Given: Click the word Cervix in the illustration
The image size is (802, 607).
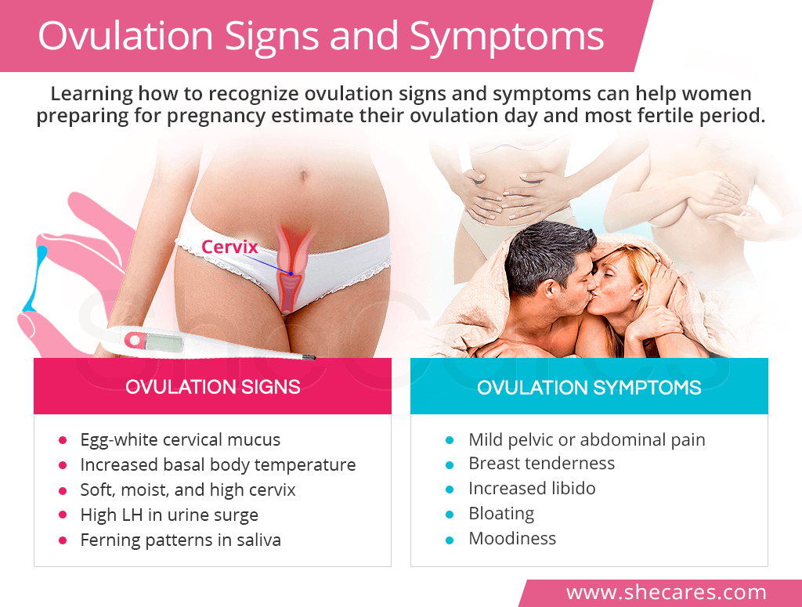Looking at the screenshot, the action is point(229,247).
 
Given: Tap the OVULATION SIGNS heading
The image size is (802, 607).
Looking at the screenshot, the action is point(213,387).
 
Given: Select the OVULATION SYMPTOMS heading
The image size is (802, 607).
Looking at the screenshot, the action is point(589,388).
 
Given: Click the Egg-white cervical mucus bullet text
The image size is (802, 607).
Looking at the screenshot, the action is point(180,439).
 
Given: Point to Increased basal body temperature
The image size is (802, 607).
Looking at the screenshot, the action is point(218,464).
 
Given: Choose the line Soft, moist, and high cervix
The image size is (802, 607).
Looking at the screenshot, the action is point(188,490).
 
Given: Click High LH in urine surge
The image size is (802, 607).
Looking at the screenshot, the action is point(169,515).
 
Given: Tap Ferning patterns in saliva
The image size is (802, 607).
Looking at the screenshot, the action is point(181,540).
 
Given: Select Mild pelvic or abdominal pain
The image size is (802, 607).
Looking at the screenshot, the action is point(587,439).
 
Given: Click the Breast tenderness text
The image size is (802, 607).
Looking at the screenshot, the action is point(542,464).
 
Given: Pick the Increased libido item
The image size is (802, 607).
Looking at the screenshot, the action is point(532,489).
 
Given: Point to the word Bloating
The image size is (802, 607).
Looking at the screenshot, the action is point(501,514).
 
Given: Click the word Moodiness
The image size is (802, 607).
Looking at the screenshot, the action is point(512,539).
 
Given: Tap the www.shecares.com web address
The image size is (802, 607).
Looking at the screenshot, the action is point(666,593).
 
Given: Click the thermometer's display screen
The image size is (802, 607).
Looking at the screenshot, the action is point(164,342).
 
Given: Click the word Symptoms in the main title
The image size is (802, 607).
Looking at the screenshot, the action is point(507,37).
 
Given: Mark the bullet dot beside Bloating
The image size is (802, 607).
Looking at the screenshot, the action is point(450,514).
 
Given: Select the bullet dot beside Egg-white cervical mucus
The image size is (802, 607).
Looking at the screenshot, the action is point(63,439).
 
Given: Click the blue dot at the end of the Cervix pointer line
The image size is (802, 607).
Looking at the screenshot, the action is point(291,273).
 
